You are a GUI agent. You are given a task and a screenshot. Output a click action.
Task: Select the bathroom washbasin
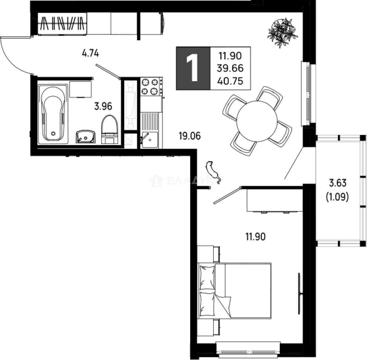point(86,137)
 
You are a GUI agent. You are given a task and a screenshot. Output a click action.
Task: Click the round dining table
point(257,121)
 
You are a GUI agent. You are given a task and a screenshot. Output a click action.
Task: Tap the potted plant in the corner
point(283,32)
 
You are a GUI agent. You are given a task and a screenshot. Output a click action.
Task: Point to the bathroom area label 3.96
point(103,107)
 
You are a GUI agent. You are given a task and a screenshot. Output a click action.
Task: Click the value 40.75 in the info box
point(230,81)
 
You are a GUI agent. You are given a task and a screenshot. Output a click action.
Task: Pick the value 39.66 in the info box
point(230,68)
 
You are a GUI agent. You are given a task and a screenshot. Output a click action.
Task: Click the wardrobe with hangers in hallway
point(62,24)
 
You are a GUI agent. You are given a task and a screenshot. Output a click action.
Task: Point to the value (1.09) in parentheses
point(337,197)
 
